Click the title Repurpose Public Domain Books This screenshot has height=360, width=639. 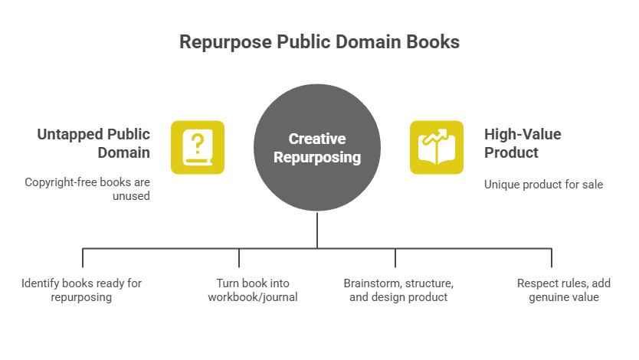[x=319, y=41]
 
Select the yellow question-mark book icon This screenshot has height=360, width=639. [x=198, y=147]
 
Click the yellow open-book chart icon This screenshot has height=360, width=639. [x=437, y=147]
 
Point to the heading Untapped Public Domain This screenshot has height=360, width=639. [x=93, y=143]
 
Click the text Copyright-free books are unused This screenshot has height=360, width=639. [x=87, y=189]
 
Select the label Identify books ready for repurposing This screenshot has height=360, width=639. [x=81, y=290]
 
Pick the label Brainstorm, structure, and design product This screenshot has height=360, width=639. [x=398, y=290]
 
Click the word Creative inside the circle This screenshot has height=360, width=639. [x=317, y=139]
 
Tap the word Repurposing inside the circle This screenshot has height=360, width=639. [x=317, y=158]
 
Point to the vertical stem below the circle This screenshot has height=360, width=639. [x=317, y=230]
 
